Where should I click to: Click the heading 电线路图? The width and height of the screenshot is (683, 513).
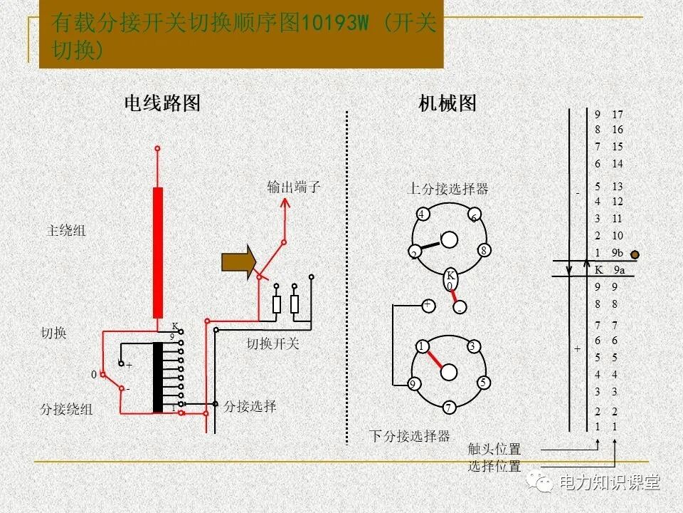coord(162,104)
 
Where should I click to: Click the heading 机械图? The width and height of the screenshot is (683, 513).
coord(448,104)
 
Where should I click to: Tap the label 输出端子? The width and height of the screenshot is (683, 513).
coord(294,187)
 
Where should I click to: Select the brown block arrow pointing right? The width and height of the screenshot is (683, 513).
coord(238,262)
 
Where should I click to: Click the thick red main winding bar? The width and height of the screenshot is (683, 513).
coord(157,252)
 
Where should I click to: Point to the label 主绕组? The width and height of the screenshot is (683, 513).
coord(66,231)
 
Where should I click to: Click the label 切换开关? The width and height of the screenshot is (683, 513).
coord(273,343)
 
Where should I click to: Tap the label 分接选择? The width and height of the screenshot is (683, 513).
coord(250,407)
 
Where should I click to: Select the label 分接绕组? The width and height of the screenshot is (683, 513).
coord(66,410)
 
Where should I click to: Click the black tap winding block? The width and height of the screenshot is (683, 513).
coord(157,378)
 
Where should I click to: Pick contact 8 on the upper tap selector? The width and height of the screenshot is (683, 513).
coord(483,250)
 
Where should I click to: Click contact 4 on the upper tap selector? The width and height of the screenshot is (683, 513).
coord(422,214)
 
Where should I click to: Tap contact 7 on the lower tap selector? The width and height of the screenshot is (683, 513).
coord(449,408)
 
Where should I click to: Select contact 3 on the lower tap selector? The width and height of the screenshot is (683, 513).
coord(472,346)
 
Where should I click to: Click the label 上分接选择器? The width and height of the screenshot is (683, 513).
coord(448,189)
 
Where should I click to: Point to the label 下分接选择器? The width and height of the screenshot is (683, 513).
coord(409,436)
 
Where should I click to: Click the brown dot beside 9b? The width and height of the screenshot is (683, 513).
coord(635,254)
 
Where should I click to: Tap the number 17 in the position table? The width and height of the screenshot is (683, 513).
coord(617,114)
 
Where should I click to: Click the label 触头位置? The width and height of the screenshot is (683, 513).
coord(494,450)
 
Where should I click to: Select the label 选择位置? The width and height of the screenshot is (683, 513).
coord(494,467)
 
